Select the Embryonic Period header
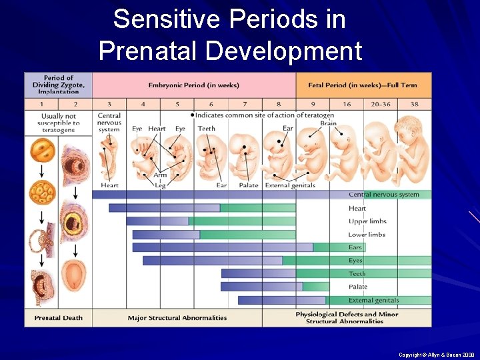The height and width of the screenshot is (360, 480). (x=193, y=85)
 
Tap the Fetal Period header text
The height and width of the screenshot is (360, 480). (x=363, y=85)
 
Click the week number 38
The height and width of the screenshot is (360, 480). (x=415, y=104)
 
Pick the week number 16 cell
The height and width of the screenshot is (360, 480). (x=347, y=104)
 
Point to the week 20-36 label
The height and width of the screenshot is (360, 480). (x=381, y=104)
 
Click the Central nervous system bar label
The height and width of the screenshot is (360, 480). (x=383, y=195)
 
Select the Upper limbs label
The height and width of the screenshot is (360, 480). (x=367, y=221)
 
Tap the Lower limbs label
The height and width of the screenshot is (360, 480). (x=367, y=235)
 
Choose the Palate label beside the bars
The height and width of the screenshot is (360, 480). (x=358, y=287)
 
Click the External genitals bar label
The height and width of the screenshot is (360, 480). (x=374, y=300)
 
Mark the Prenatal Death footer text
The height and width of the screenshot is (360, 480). (x=59, y=318)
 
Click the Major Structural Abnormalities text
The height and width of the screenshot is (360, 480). (x=177, y=318)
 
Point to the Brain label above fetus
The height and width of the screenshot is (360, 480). (x=328, y=123)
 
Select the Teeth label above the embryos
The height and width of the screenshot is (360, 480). (x=207, y=129)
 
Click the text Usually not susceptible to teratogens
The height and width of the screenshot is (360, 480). (x=59, y=123)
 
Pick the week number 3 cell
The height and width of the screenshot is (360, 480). (x=109, y=104)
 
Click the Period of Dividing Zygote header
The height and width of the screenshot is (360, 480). (x=59, y=85)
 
